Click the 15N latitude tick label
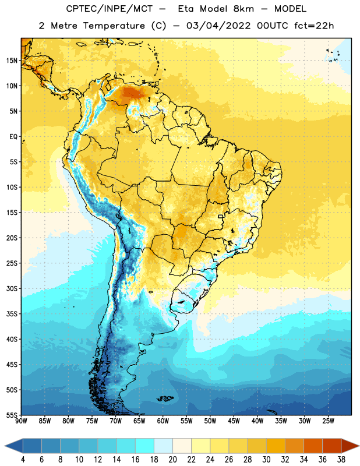[12, 61]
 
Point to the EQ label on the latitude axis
[13, 137]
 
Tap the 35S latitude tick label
[12, 314]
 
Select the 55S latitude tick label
[12, 415]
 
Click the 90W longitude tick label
[21, 421]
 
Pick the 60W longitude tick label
[163, 421]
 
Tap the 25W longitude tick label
[328, 421]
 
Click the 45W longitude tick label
[234, 421]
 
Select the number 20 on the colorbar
[172, 460]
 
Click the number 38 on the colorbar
[341, 460]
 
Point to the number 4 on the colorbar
[23, 460]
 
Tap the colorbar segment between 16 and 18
[145, 446]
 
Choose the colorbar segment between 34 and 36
[313, 446]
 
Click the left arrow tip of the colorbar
[5, 446]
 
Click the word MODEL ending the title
[290, 9]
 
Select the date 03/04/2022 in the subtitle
[218, 26]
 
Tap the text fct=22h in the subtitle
[314, 26]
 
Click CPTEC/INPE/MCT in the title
[110, 9]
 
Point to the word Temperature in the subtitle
[114, 26]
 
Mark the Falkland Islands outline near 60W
[165, 398]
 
